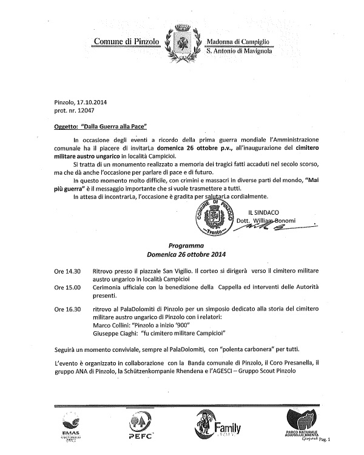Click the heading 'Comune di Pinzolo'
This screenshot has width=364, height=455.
coord(127,41)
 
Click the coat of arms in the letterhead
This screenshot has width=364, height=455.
coord(183,40)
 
